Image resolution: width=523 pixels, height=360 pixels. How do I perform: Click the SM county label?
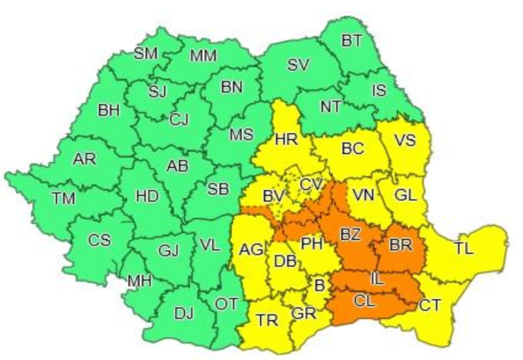pyautogui.click(x=146, y=53)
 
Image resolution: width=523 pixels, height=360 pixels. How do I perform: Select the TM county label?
pyautogui.click(x=63, y=198)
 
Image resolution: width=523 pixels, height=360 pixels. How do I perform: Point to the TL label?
pyautogui.click(x=463, y=249)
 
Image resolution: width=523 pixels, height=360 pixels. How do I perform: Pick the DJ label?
pyautogui.click(x=184, y=314)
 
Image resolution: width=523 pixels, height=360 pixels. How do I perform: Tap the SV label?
pyautogui.click(x=298, y=65)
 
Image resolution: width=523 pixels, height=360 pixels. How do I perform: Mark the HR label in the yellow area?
pyautogui.click(x=286, y=140)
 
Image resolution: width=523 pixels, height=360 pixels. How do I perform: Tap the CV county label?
pyautogui.click(x=312, y=184)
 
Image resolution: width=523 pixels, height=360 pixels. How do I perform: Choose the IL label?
pyautogui.click(x=376, y=279)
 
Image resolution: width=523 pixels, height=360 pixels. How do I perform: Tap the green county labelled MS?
pyautogui.click(x=241, y=134)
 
